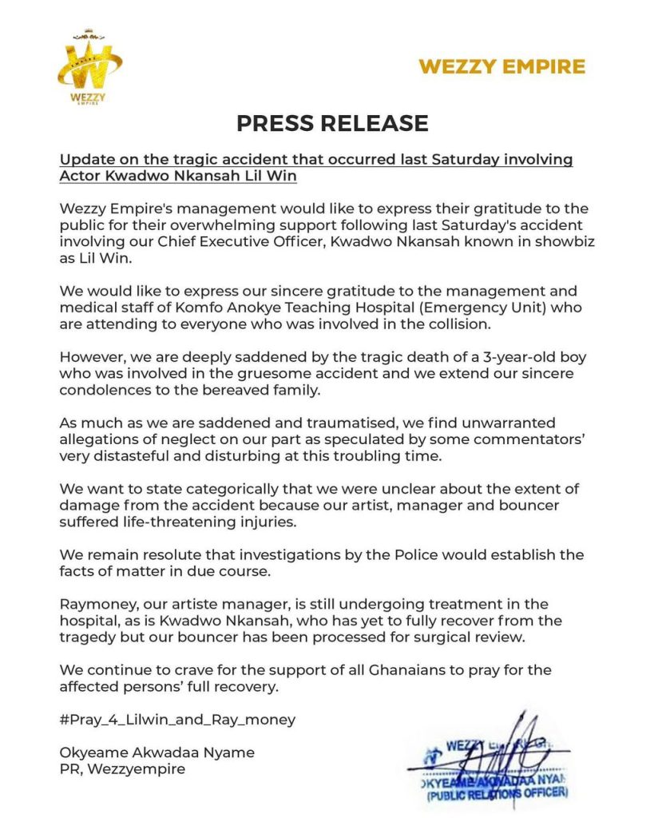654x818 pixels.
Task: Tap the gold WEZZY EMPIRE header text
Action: click(501, 66)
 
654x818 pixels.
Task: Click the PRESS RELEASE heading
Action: click(332, 123)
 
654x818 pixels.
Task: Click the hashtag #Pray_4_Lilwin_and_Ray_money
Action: click(178, 719)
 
